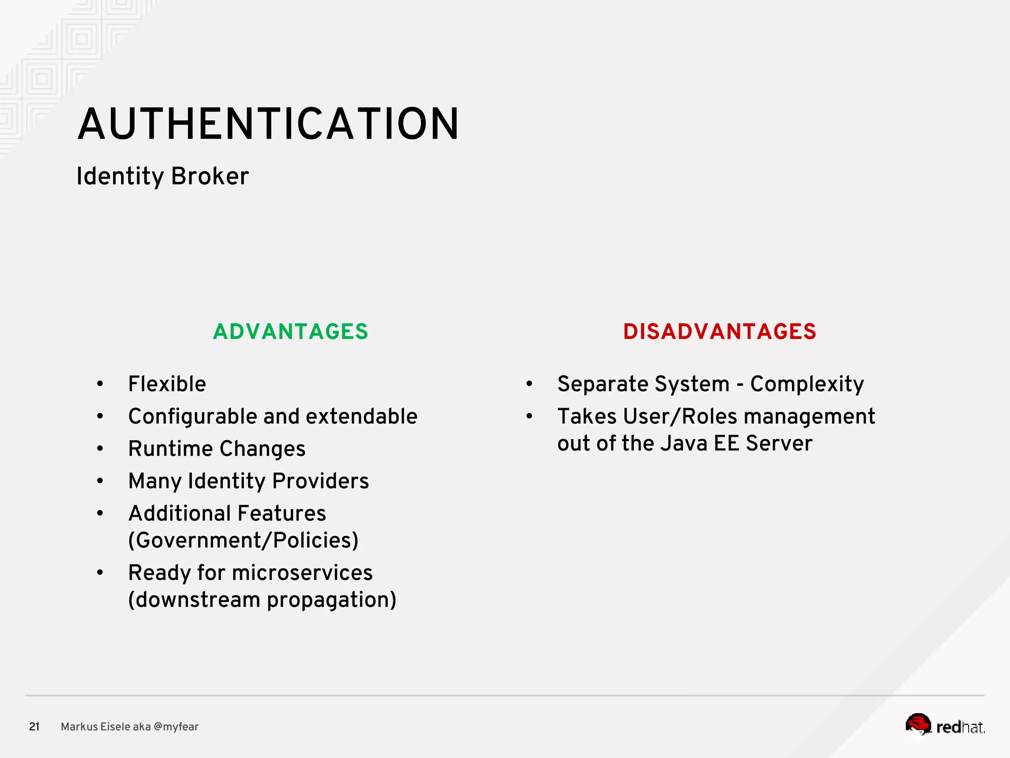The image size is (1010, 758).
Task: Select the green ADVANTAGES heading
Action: click(290, 332)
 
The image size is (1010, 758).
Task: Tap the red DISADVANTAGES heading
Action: click(720, 332)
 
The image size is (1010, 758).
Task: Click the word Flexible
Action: click(167, 384)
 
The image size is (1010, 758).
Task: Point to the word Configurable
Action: click(193, 417)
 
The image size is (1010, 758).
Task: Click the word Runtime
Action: click(171, 449)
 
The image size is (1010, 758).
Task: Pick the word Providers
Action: click(321, 481)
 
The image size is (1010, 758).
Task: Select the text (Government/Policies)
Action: click(243, 540)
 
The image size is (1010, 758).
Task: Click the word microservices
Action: click(302, 573)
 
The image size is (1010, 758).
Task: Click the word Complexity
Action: click(807, 384)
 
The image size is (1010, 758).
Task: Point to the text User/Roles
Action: click(680, 417)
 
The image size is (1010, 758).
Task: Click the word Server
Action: click(779, 443)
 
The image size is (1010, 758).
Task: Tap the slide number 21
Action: click(34, 726)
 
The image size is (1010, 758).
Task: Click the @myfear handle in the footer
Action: click(176, 726)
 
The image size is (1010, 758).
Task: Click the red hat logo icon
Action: click(918, 724)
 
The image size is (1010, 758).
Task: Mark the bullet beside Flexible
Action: click(100, 384)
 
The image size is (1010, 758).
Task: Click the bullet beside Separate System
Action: click(529, 384)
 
